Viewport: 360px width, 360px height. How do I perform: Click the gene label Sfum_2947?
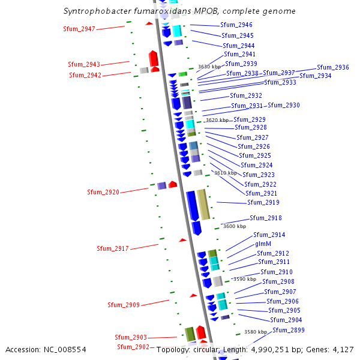tap(79, 29)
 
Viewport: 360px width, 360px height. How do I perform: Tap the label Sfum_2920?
tap(103, 192)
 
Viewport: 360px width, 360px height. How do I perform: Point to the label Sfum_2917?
tap(112, 248)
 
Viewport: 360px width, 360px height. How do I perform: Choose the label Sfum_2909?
tap(123, 305)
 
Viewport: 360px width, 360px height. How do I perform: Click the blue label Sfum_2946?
tap(236, 25)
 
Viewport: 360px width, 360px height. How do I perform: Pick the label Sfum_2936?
tap(332, 68)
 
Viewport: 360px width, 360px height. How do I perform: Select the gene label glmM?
tap(263, 244)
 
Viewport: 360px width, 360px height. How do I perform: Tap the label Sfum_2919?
tap(263, 203)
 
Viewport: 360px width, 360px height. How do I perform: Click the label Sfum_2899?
tap(288, 330)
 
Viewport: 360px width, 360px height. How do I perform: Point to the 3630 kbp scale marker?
tap(209, 67)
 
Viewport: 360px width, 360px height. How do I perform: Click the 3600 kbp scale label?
tap(235, 226)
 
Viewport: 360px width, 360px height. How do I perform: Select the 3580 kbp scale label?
tap(255, 332)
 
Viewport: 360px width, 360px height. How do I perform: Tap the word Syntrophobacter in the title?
tap(95, 11)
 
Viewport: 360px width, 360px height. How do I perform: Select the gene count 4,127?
tap(343, 349)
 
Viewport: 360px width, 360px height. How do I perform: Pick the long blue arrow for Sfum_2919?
tap(193, 205)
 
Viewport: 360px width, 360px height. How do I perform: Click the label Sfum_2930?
tap(284, 106)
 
